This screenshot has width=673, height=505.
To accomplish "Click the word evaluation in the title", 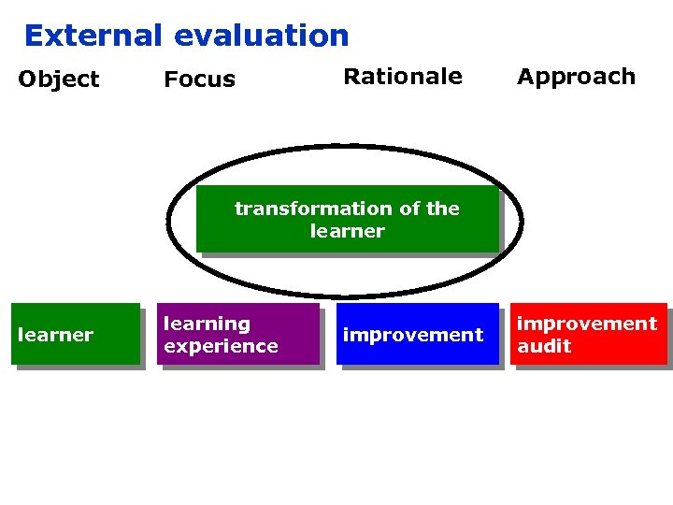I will [x=261, y=36].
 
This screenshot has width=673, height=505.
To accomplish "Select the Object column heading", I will [x=58, y=79].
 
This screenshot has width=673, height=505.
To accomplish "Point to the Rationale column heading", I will [x=402, y=77].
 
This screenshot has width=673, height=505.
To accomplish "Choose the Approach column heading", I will [x=576, y=77].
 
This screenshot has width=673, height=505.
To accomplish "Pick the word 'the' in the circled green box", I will [x=442, y=209].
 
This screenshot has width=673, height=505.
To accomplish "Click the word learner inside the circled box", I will [x=347, y=231].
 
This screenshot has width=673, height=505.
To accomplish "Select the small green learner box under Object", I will [x=76, y=334].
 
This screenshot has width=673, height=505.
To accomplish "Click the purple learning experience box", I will [x=236, y=334].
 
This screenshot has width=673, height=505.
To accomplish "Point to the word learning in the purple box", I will [x=207, y=324].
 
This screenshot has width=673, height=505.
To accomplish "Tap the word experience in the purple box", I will [x=221, y=346].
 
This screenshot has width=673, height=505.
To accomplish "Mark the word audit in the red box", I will [x=544, y=346].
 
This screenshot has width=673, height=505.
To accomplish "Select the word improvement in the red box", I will [x=587, y=324].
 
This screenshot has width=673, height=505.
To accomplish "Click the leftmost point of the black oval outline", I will [x=168, y=222].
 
